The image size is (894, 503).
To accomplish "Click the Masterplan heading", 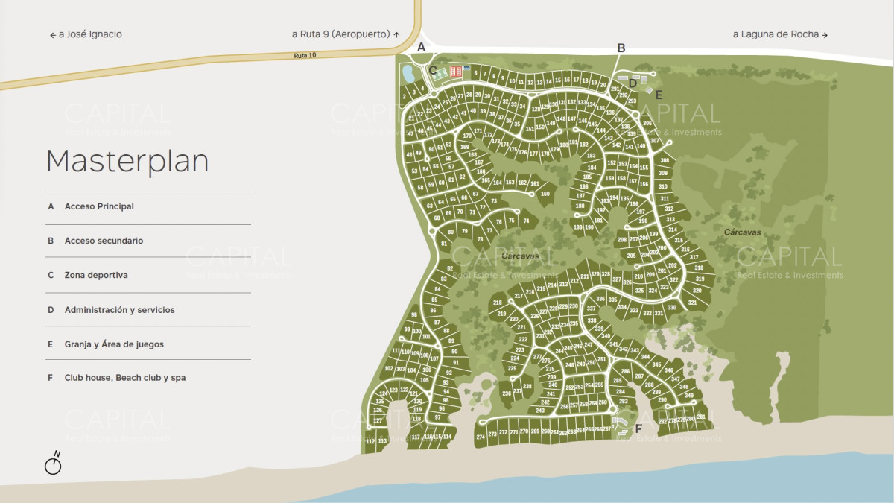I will pos(127,161).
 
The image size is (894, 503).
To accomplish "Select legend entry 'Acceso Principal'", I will pos(99,206).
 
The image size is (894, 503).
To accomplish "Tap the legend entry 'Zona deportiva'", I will pos(96,275).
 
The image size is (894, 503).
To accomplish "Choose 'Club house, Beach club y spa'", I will pos(125,378).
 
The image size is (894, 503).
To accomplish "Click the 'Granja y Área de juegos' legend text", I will pos(114,344).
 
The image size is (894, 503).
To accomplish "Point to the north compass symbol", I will pos(54,464).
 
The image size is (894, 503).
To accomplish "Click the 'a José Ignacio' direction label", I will pos(86,34).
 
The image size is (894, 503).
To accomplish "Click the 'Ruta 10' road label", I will pos(305,55).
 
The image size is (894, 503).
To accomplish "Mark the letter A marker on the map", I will pos(421,47).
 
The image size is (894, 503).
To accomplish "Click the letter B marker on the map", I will pos(621,48).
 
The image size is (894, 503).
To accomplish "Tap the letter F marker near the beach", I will pos(638,428).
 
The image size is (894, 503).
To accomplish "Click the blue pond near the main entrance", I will pos(408,74).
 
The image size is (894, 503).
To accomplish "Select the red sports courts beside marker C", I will pos(455,72).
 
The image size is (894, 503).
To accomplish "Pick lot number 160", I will pos(545,194).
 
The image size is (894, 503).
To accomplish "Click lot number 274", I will pos(481,436).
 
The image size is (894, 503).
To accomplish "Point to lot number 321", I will pos(692,303).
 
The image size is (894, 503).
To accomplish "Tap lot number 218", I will pos(498,303).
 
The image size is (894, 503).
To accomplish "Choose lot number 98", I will pos(414,315).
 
